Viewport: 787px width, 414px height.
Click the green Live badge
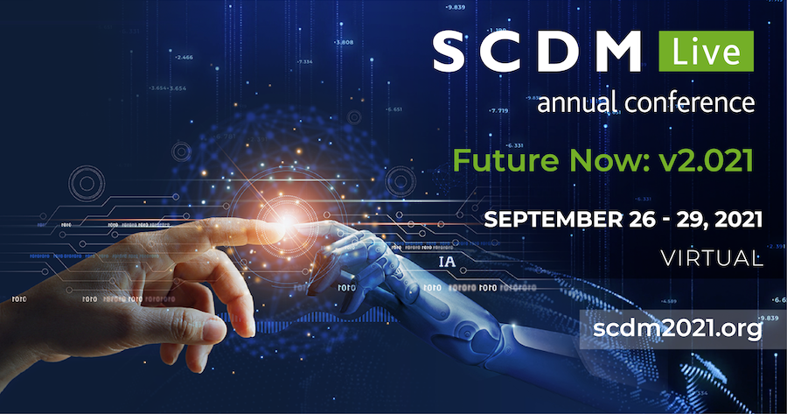pos(706,52)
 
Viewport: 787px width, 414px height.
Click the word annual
pos(577,102)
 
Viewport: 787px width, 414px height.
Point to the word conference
pos(690,102)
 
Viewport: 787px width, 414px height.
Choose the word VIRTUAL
pos(712,259)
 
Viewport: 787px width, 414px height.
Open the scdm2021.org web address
pos(678,329)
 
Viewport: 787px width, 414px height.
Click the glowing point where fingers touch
pos(288,222)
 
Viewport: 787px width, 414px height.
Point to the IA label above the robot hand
pos(447,262)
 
